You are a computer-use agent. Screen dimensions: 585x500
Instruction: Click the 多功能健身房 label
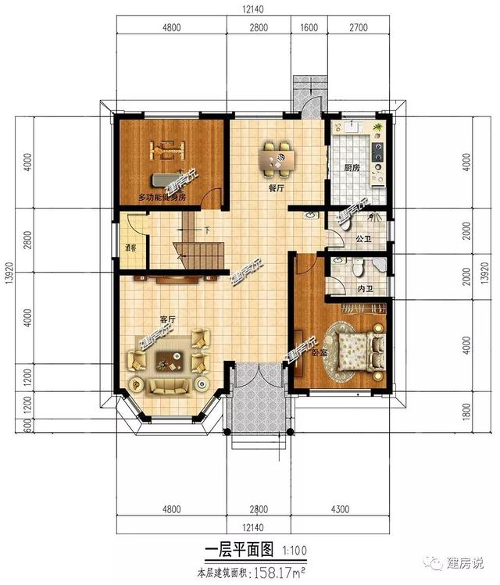[162, 197]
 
